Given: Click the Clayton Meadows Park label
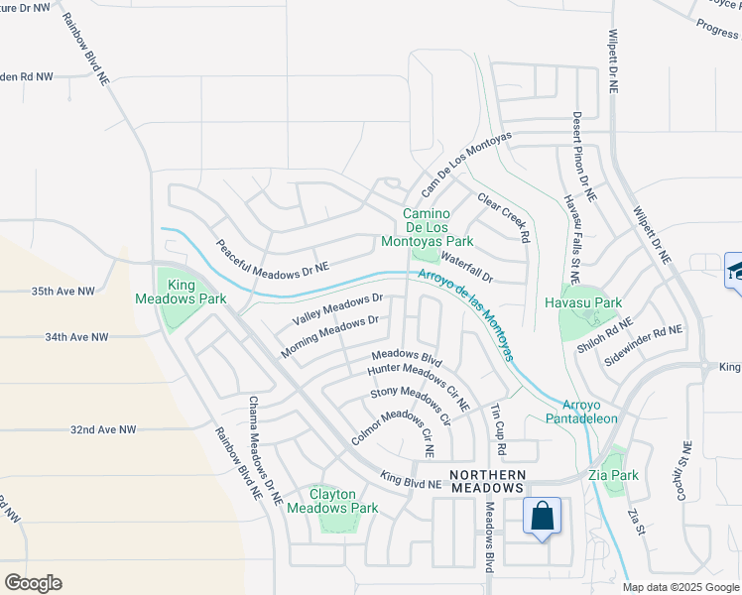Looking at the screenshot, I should pos(331,501).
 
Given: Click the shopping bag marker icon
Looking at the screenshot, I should pos(542,518).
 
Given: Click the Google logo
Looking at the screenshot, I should pos(33,583).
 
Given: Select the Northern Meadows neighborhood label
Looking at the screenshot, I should pos(486,481).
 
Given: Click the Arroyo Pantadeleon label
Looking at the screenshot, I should pos(589,412).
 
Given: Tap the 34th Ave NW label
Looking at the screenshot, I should pos(76,337).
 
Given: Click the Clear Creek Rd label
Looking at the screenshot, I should pos(504,217).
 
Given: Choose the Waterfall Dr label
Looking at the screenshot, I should pos(467,269).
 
